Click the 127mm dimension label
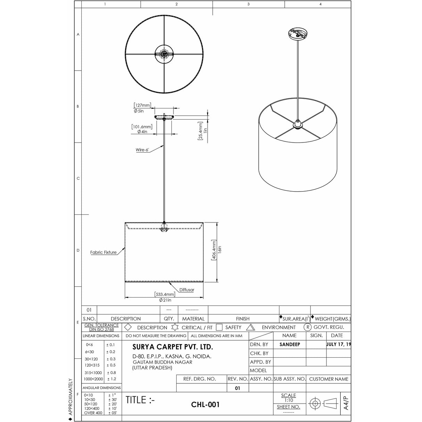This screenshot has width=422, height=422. point(142,105)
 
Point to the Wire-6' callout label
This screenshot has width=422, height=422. point(142,150)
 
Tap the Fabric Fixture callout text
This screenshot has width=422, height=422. point(103,252)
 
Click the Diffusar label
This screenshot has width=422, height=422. point(187,290)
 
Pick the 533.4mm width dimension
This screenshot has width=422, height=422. point(165,294)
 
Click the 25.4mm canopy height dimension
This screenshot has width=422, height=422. point(200,131)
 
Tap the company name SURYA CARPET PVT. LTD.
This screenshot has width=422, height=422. point(172,347)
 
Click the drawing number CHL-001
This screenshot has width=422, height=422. point(205,405)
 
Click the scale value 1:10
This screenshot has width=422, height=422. point(288,400)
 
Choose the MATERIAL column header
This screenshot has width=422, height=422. point(193,318)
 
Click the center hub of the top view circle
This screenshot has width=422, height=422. point(164,54)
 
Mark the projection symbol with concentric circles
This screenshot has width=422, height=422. point(315,404)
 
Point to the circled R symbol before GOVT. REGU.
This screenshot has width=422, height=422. point(307,327)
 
